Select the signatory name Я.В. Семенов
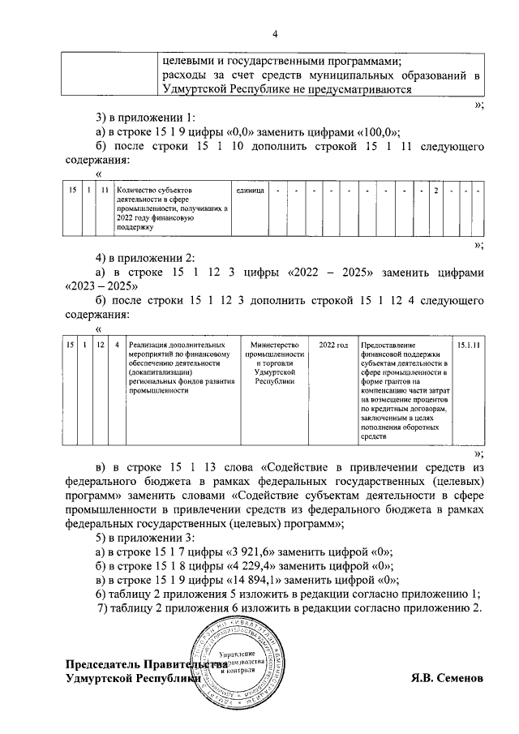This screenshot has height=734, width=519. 446,676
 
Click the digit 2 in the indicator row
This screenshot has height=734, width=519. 435,191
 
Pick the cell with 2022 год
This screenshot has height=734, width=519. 333,345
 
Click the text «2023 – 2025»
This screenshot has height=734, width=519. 96,285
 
